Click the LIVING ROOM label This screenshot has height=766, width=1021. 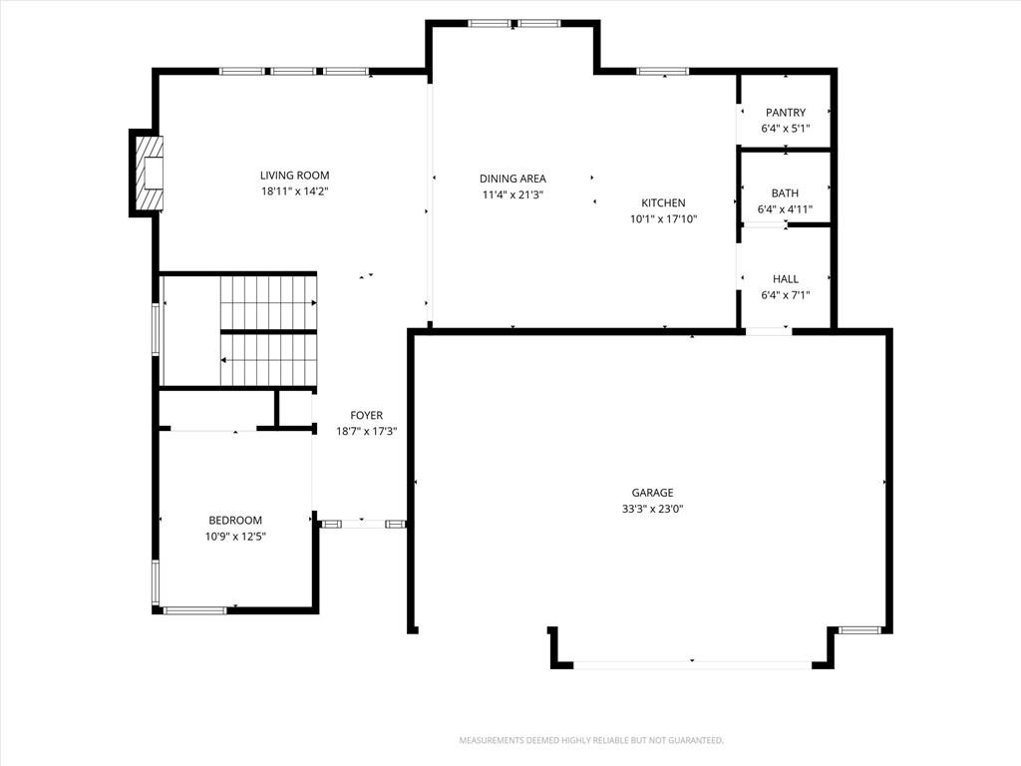294,176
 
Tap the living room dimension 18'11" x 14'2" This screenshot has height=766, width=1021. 294,191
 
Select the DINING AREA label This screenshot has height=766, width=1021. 512,179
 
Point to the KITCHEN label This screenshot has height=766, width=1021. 663,202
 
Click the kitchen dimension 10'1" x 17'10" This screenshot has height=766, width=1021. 663,218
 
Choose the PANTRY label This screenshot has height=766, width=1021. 786,112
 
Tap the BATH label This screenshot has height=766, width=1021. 785,192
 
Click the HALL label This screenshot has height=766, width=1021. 786,279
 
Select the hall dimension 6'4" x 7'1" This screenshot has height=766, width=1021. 786,295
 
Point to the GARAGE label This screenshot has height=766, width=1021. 652,493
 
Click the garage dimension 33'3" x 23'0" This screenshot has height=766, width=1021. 652,509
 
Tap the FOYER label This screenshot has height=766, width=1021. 367,415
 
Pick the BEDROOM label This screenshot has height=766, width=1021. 235,520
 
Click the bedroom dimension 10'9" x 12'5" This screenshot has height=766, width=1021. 235,536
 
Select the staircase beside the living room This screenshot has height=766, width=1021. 268,331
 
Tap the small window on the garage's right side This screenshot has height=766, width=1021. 858,630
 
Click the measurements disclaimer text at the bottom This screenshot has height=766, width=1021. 591,741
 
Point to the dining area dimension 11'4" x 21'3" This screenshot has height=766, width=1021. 512,194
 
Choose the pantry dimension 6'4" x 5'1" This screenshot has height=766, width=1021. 786,129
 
